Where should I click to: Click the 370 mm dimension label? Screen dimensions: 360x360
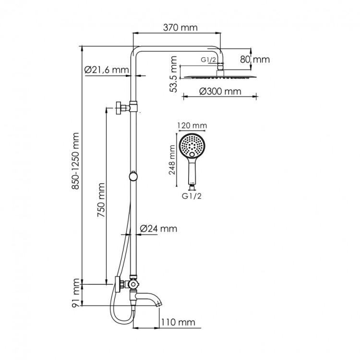pyautogui.click(x=180, y=28)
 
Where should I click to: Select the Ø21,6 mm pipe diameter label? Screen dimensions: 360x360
pyautogui.click(x=107, y=70)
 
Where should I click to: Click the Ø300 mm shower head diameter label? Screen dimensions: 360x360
pyautogui.click(x=219, y=91)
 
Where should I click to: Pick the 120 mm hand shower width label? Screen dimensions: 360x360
pyautogui.click(x=192, y=126)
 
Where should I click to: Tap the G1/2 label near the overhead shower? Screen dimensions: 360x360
pyautogui.click(x=208, y=60)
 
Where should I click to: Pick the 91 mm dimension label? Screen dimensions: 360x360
pyautogui.click(x=75, y=293)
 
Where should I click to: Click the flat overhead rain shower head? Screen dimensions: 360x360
pyautogui.click(x=221, y=77)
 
